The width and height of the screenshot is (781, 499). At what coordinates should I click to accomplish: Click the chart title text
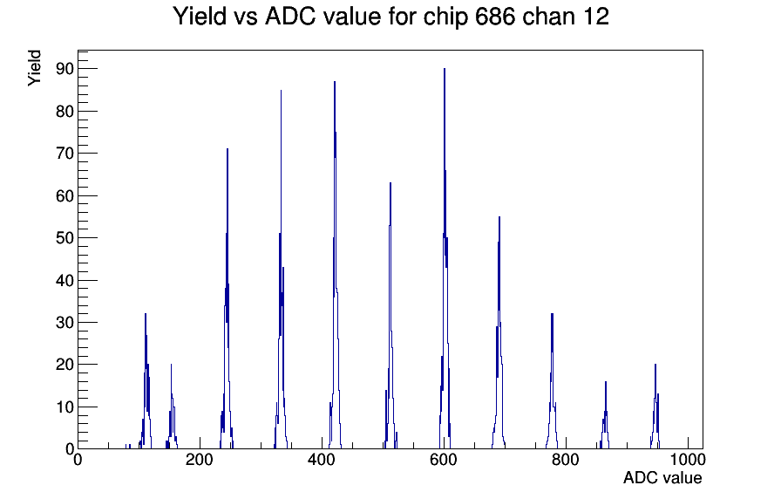(x=391, y=17)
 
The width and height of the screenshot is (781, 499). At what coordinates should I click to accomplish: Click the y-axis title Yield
(x=34, y=68)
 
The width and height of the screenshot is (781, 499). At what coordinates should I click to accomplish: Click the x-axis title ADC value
(x=662, y=477)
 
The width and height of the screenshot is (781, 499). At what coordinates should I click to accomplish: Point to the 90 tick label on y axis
(x=65, y=69)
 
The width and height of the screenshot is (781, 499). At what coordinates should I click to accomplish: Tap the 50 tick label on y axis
(x=65, y=238)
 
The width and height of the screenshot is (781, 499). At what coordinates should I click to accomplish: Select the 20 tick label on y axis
(x=65, y=365)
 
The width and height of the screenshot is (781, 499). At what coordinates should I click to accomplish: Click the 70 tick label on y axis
(x=65, y=153)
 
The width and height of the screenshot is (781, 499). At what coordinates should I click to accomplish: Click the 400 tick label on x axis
(x=322, y=460)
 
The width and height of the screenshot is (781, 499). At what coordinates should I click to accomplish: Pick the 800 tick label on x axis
(x=566, y=460)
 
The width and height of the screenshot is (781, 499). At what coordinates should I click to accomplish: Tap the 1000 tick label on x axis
(x=688, y=460)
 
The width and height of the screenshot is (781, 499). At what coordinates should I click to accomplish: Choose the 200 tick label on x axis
(x=200, y=460)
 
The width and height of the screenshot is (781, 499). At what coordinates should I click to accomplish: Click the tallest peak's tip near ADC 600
(x=445, y=69)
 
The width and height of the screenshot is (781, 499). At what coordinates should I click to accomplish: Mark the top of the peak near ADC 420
(x=335, y=81)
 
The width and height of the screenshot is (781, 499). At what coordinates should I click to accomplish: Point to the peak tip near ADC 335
(x=281, y=90)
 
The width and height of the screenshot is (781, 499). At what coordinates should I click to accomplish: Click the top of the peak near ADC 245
(x=228, y=149)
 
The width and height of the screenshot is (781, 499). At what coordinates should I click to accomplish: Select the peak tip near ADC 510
(x=390, y=183)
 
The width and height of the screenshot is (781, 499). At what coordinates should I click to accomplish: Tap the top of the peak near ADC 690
(x=499, y=217)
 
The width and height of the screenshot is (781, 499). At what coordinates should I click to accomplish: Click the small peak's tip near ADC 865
(x=606, y=382)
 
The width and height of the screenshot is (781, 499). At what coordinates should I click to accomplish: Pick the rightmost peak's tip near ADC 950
(x=655, y=365)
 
